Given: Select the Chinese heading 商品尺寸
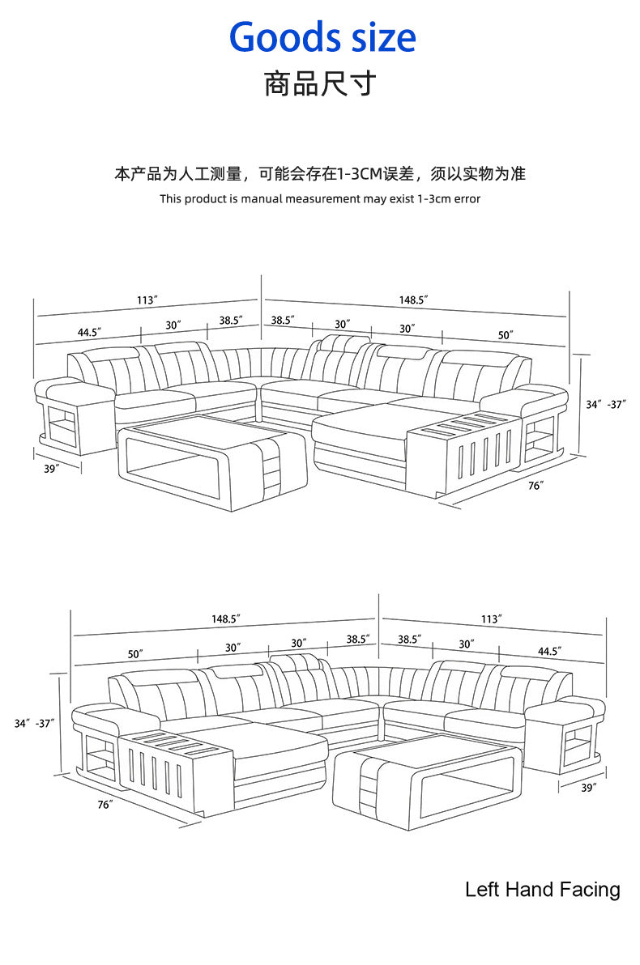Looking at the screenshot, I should coord(320,83).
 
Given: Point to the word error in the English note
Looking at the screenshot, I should coord(466,198).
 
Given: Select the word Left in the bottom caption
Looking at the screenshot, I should coord(483,890).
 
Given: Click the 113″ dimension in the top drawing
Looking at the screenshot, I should coord(147,300).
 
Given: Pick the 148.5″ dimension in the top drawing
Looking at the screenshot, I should coord(412,300).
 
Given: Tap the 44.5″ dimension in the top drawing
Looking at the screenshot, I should coord(88,332).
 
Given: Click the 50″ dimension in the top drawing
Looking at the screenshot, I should coord(506,334).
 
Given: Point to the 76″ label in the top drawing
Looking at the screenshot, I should coord(535,485).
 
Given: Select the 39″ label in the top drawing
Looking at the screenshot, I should coord(52,469).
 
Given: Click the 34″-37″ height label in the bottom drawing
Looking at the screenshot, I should coord(34,723).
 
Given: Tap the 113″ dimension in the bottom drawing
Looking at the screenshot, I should coord(491,619).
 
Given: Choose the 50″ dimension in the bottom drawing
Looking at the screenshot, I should coord(134,653).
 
